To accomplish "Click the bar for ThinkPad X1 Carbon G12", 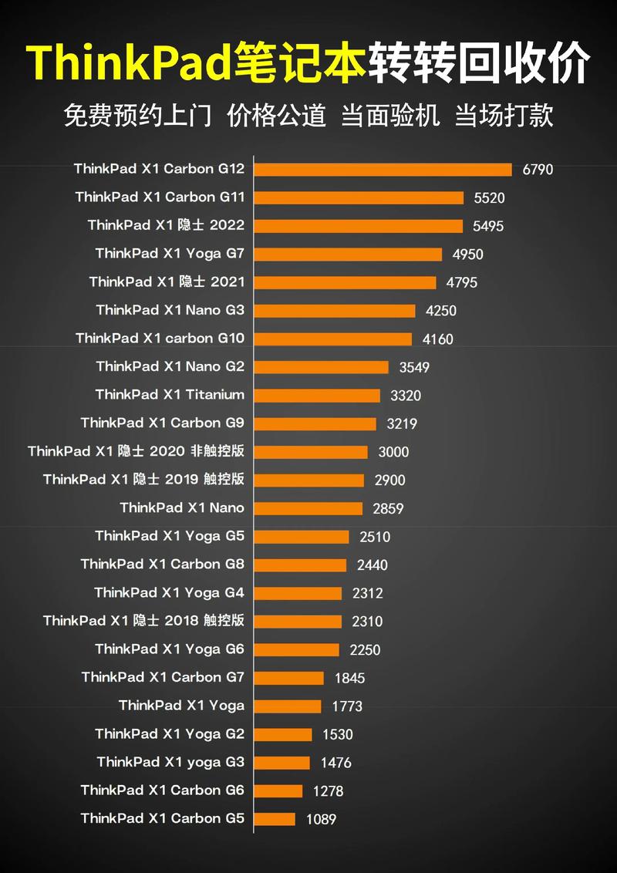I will [x=383, y=170].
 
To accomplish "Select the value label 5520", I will [x=489, y=198].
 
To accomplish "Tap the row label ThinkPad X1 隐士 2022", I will [x=166, y=225].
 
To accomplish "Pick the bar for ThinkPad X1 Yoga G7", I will [x=348, y=254].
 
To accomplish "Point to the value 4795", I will [x=461, y=282].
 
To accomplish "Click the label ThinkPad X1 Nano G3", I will [x=170, y=310].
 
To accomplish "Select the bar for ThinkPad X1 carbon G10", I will [x=332, y=339].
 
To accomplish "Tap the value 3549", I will [x=414, y=367].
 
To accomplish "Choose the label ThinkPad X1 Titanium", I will [x=170, y=395].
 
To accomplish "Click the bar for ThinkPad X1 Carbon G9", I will [x=315, y=423].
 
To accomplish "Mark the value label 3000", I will [x=393, y=452].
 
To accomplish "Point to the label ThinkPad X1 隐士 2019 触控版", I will [x=143, y=480].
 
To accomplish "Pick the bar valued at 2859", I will [x=308, y=508].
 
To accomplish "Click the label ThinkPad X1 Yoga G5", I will [x=170, y=536].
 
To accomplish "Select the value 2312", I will [x=367, y=593].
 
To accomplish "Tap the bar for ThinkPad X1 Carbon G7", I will [x=288, y=678].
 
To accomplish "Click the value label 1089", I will [x=321, y=819].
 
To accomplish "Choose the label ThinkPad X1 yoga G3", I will [x=170, y=762].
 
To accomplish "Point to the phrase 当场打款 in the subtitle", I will [x=504, y=116].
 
